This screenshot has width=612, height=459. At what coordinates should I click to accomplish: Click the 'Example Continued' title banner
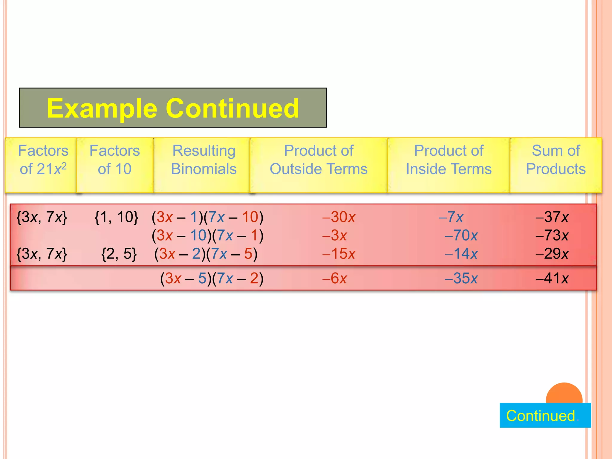point(173,108)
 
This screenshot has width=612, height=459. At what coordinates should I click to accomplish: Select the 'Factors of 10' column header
point(115,160)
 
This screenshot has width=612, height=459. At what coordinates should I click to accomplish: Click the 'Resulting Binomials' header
point(204,160)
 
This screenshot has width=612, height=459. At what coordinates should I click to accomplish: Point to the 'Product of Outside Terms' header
point(319,160)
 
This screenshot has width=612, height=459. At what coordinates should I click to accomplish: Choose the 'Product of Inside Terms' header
point(449,160)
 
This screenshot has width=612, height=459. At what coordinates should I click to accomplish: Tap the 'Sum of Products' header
point(556,160)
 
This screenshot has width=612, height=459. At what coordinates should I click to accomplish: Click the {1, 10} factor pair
point(116,217)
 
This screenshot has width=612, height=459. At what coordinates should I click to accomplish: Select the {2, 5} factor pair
point(119,254)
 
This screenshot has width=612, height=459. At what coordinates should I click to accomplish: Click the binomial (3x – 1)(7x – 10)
point(207,217)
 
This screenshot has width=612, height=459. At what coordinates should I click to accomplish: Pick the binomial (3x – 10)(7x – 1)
point(207,235)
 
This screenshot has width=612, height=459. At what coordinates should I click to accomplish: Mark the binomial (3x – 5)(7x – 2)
point(212,279)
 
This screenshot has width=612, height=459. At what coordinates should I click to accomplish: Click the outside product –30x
point(339,217)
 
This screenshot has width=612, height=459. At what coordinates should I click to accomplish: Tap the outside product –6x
point(334,279)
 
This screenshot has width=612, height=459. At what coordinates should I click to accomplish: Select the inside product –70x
point(461,235)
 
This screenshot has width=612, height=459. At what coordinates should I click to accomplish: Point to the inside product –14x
point(461,254)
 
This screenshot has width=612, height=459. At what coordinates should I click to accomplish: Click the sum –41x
point(552,279)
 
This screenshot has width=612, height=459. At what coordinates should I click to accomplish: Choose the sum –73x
point(552,235)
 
